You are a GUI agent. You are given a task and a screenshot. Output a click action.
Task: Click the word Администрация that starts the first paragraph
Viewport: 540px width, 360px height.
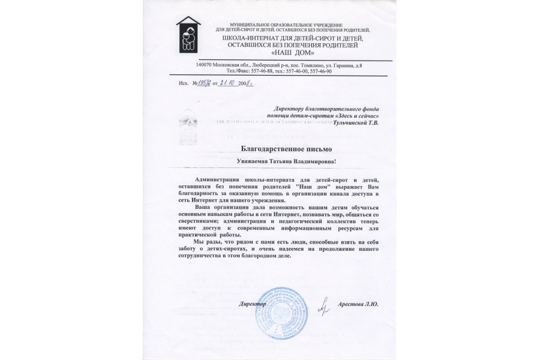pyautogui.click(x=217, y=179)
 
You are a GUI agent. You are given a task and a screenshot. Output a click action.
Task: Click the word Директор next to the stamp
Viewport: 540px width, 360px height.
pyautogui.click(x=254, y=304)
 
